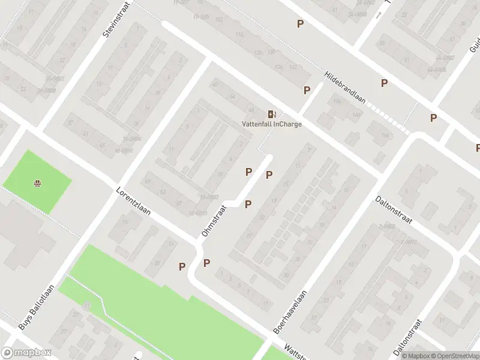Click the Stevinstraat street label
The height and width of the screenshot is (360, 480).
pos(116,19)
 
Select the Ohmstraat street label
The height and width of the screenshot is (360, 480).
pos(215,220)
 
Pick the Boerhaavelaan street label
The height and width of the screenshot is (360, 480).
pos(290,312)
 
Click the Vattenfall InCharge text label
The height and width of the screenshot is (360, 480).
pos(272,124)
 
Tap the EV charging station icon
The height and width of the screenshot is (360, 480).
pos(272,114)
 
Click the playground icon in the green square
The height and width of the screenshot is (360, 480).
pos(38,182)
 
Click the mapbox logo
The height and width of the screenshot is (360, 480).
pos(26,353)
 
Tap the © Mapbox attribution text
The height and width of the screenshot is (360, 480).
pos(416,356)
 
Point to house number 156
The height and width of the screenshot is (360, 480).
pos(337,102)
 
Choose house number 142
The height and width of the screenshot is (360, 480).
pos(293,67)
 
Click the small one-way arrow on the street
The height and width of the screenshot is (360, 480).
pos(378,14)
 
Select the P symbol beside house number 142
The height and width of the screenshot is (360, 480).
pos(307,91)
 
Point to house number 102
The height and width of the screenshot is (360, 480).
pos(218,20)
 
